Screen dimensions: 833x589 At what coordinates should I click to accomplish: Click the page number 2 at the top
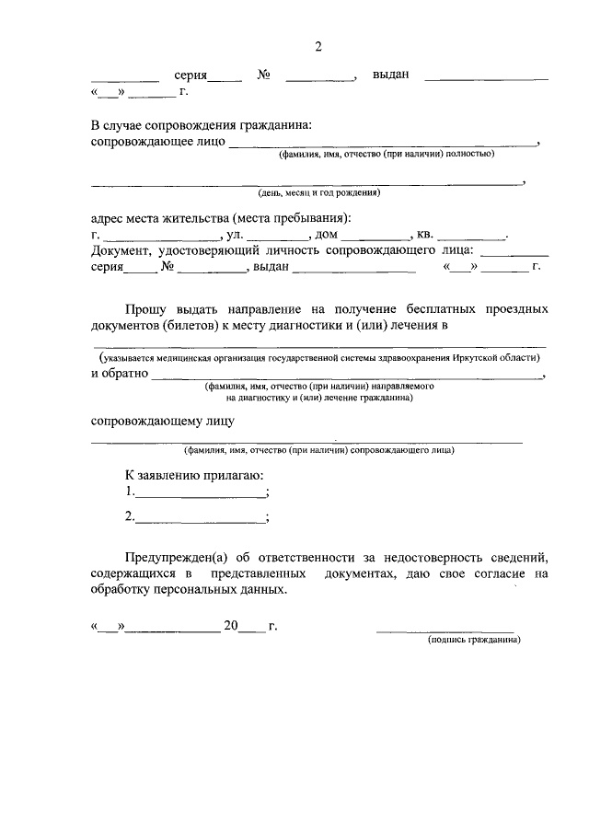(318, 47)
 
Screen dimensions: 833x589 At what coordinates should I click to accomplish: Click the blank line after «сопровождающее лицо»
(383, 145)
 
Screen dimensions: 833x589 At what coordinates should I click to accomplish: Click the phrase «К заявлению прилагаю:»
(194, 474)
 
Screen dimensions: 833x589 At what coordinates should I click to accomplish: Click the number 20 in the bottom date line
(231, 628)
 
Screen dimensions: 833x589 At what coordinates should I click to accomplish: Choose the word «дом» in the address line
(328, 235)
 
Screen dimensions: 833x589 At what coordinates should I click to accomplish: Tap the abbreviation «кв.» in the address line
(427, 235)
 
